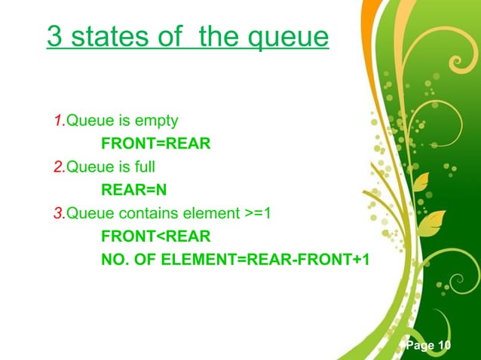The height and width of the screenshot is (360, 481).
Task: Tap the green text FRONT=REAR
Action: point(155,144)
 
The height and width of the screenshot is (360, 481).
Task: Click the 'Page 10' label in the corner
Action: point(427,345)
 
